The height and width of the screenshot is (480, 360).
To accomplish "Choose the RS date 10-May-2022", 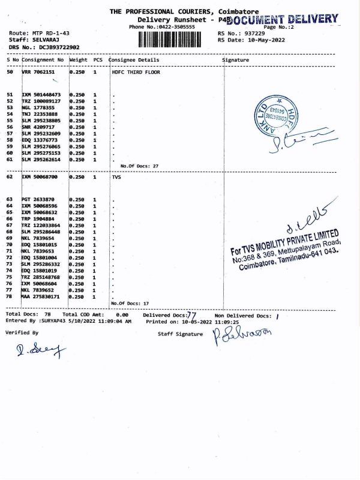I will click(x=259, y=40).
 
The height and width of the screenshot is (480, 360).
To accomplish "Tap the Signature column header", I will click(x=235, y=61).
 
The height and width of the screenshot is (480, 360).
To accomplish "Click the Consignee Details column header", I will click(x=136, y=61).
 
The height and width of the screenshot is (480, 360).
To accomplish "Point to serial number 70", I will click(x=10, y=244).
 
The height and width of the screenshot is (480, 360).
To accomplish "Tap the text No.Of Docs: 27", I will click(x=139, y=166).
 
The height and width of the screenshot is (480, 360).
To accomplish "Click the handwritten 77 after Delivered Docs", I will click(x=192, y=314).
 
